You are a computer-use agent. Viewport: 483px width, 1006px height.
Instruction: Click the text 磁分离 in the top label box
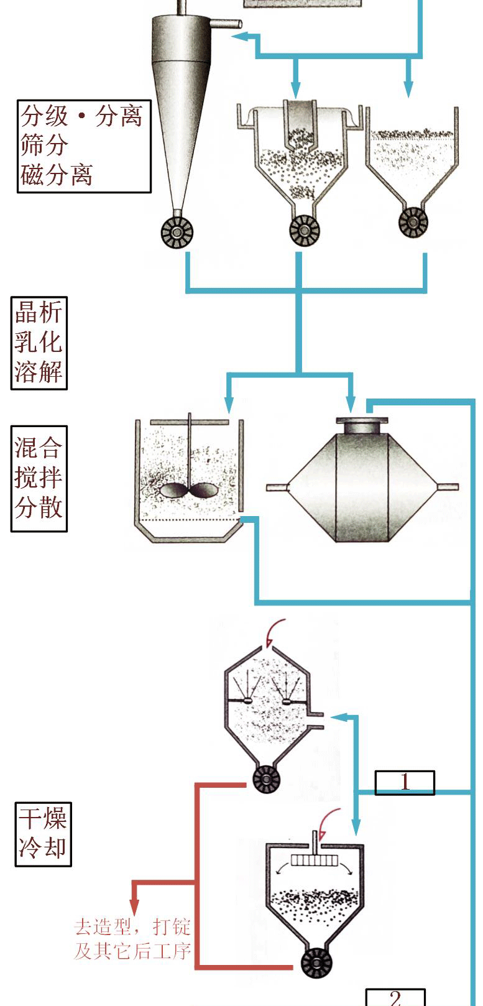(x=57, y=175)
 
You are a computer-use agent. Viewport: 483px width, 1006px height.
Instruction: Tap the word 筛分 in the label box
(x=44, y=145)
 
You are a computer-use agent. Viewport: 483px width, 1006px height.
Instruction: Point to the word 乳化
(x=39, y=342)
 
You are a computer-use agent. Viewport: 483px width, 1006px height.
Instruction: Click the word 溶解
(x=39, y=372)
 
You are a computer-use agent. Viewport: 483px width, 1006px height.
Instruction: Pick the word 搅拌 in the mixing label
(x=39, y=478)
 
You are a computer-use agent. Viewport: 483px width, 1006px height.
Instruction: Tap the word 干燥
(x=43, y=818)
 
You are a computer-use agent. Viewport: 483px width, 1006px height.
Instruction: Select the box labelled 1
(x=405, y=783)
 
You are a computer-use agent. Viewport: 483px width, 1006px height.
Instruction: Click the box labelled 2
(x=395, y=997)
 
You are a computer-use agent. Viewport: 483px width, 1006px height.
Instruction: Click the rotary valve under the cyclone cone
(x=177, y=232)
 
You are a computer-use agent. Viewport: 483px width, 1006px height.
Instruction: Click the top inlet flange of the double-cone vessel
(x=362, y=425)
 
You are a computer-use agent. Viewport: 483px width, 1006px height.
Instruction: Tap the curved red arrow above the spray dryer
(x=274, y=632)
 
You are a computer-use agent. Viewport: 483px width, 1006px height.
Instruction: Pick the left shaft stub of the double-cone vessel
(x=277, y=487)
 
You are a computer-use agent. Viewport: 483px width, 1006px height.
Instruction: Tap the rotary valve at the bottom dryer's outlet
(x=316, y=963)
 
